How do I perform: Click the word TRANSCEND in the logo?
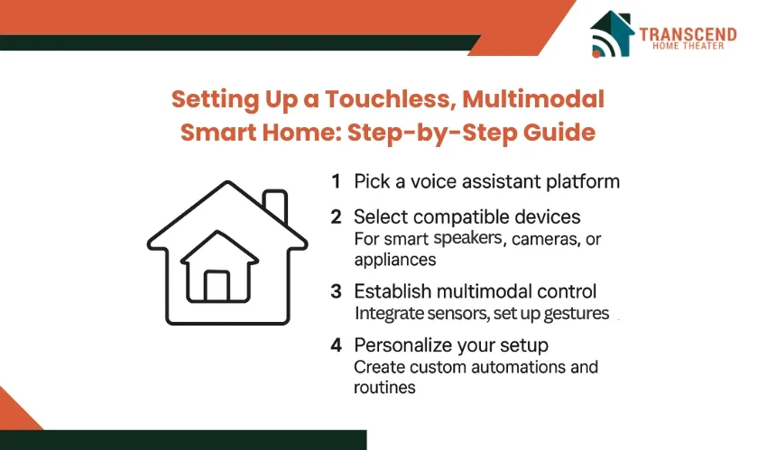688,34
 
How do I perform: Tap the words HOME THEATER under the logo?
688,46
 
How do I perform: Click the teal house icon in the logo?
612,33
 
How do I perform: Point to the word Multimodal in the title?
533,99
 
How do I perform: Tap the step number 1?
336,181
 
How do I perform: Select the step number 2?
336,217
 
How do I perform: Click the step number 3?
336,292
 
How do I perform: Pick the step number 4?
336,345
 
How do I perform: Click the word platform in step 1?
583,182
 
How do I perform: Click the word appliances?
395,261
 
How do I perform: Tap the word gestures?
576,314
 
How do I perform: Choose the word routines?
384,388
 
